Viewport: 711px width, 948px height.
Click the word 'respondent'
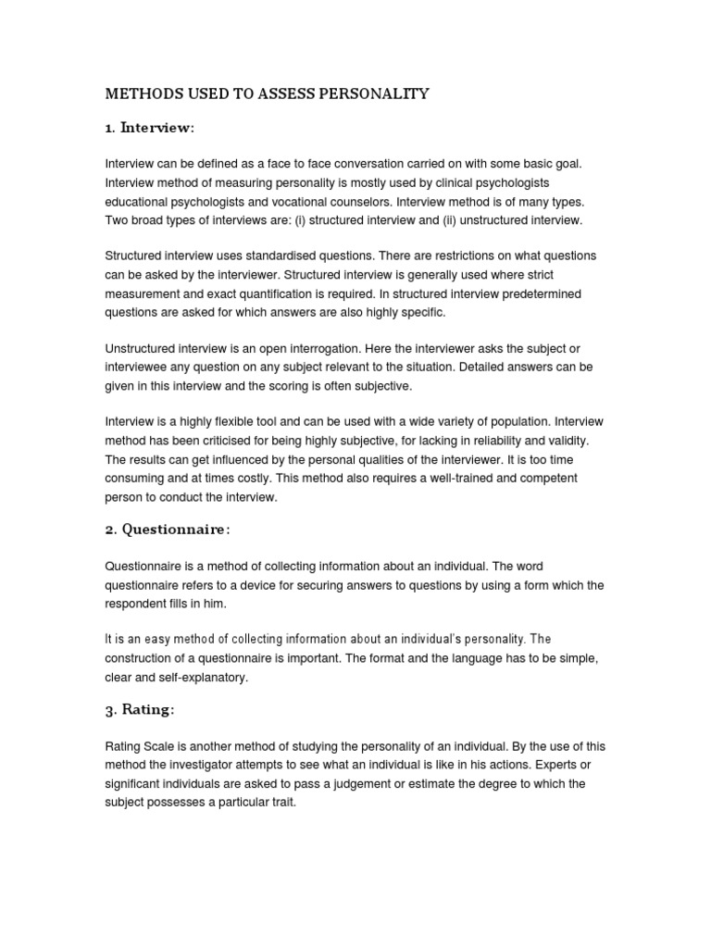[136, 603]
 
